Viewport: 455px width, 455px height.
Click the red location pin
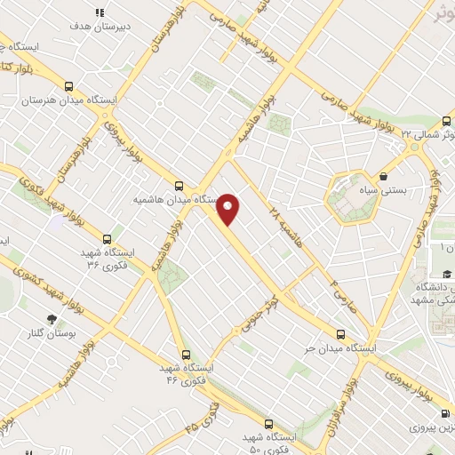pyautogui.click(x=229, y=210)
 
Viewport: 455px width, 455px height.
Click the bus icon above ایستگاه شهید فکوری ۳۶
pyautogui.click(x=108, y=239)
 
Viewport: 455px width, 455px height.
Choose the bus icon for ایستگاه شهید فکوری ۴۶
pyautogui.click(x=184, y=354)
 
